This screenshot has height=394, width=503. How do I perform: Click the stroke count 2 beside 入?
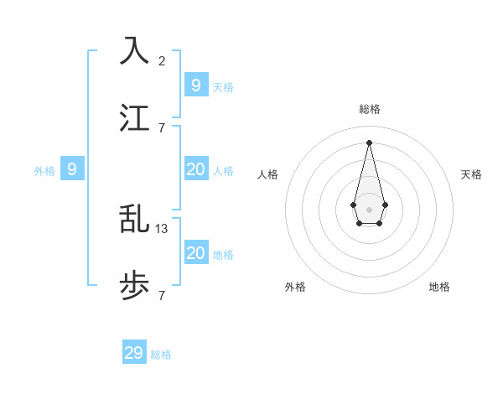coord(162,60)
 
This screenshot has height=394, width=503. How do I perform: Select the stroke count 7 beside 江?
coord(162,127)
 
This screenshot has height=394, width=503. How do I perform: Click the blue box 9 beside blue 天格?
coord(195,85)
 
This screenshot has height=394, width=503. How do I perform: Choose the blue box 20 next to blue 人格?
coord(195,169)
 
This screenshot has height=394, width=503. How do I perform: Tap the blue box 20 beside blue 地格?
coord(195,253)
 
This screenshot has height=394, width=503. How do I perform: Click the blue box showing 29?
coord(134,353)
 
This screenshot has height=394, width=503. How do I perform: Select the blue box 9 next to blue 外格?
coord(72,169)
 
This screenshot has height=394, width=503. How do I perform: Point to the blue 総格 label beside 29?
coord(161,355)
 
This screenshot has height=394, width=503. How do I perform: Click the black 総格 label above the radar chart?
coord(369,109)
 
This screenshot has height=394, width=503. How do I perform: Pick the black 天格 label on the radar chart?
coord(471,174)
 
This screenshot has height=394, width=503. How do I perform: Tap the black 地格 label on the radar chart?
coord(439,287)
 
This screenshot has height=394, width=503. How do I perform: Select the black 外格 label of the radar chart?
coord(295,287)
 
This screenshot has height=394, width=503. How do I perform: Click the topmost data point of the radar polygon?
coord(369,142)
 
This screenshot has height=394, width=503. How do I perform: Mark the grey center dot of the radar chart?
coord(369,209)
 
